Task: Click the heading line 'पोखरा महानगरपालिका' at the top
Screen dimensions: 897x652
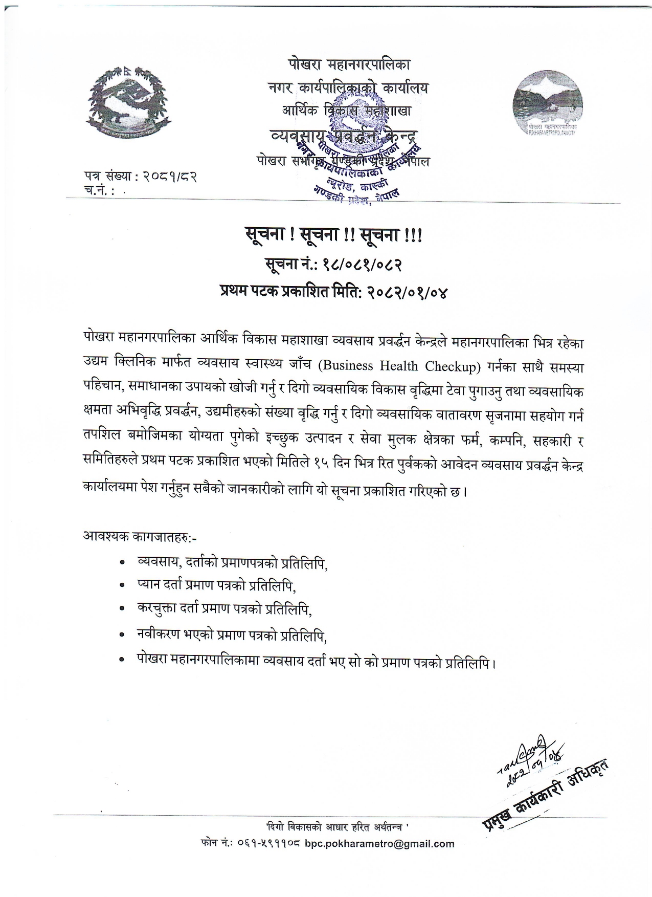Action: [x=348, y=65]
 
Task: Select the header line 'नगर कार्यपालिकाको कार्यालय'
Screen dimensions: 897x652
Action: [x=348, y=88]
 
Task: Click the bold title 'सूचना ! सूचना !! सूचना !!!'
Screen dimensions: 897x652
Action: [x=333, y=236]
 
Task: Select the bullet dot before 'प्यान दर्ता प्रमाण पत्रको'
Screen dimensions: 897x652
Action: [x=122, y=584]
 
